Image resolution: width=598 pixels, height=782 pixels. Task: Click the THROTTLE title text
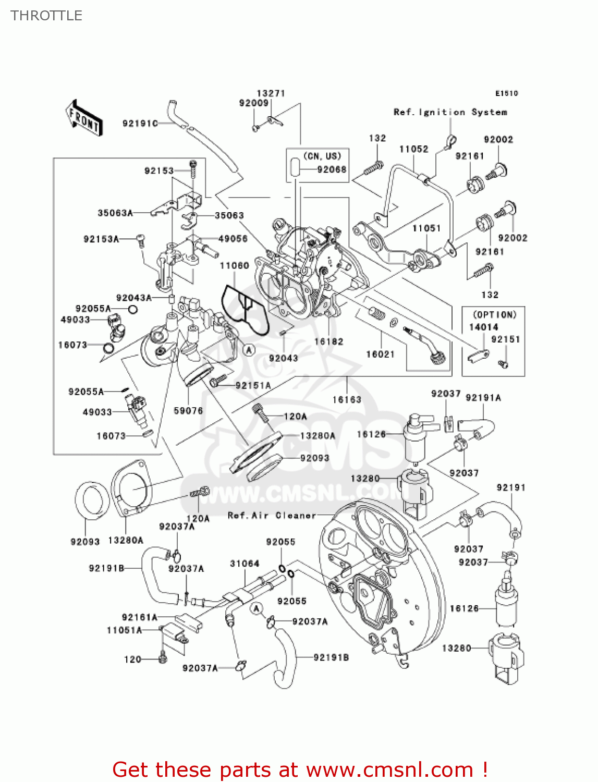pos(46,16)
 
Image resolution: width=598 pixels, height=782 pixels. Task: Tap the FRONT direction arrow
pos(83,118)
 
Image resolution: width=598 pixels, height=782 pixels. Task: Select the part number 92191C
pos(140,124)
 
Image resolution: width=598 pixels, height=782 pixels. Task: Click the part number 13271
pos(271,93)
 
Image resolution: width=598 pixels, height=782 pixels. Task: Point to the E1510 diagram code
pos(506,93)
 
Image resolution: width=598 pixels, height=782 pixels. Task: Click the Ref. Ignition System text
pos(450,112)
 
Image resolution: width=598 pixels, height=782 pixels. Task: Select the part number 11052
pos(413,149)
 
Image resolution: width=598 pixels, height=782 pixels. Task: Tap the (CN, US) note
pos(322,156)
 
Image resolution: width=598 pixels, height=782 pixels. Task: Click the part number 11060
pos(234,266)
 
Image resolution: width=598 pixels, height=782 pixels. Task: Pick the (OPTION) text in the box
pos(494,315)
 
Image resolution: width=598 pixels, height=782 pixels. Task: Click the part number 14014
pos(483,327)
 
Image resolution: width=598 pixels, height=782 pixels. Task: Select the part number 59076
pos(188,411)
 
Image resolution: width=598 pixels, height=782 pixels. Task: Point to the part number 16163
pos(347,400)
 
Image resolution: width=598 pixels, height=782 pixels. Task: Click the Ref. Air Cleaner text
pos(272,516)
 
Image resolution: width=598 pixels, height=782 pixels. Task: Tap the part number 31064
pos(245,564)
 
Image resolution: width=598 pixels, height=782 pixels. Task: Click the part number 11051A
pos(124,630)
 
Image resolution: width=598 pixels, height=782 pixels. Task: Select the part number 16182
pos(328,341)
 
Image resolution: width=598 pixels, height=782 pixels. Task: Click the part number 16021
pos(380,355)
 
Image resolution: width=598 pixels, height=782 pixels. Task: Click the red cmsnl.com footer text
pos(300,769)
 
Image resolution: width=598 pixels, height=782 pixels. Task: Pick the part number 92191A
pos(483,398)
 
